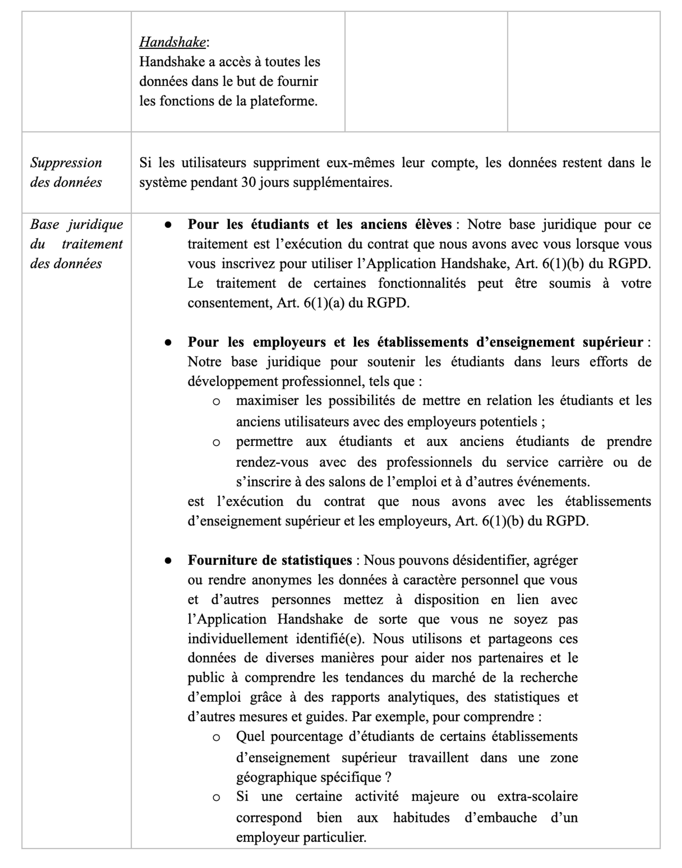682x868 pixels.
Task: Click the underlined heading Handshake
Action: tap(172, 42)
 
